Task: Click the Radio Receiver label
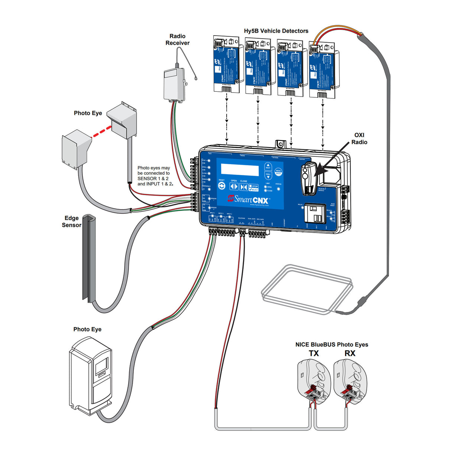coord(177,39)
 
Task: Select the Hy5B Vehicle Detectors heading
coord(276,31)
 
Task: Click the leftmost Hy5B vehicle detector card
coord(225,64)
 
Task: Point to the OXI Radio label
coord(359,139)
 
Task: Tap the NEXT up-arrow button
coord(268,166)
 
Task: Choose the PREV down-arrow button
coord(268,175)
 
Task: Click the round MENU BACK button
coord(278,172)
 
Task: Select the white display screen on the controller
coord(240,169)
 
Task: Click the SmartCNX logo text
coord(248,199)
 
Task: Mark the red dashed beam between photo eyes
coord(102,132)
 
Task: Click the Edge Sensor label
coord(71,221)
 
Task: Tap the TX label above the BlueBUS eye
coord(314,353)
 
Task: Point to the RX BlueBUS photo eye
coord(350,383)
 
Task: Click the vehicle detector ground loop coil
coord(306,289)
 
